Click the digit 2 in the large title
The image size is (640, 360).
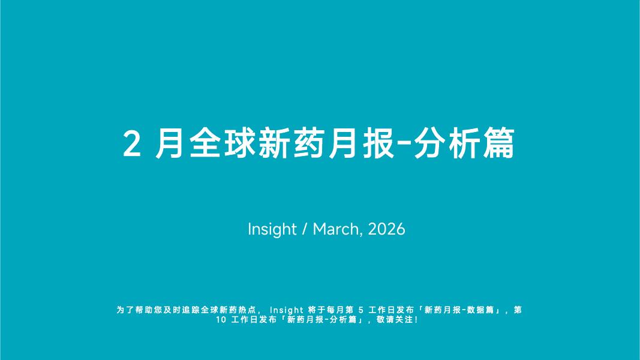tap(132, 143)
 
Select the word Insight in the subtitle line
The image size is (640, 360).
tap(272, 229)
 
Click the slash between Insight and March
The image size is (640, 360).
tap(305, 229)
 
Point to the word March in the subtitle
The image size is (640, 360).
tap(336, 229)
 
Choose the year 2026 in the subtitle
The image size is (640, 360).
tap(386, 229)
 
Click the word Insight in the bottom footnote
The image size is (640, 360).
tap(287, 310)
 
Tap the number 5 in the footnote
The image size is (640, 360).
tap(361, 310)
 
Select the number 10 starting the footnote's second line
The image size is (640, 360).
tap(221, 320)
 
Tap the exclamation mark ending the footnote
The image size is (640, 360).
tap(416, 320)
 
